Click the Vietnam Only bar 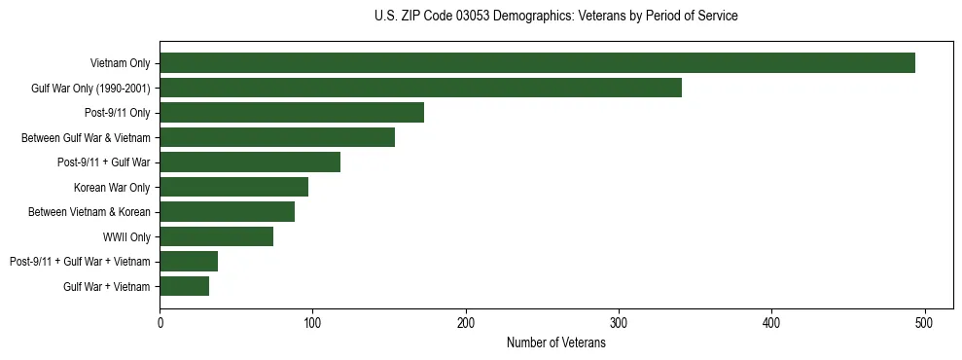(537, 63)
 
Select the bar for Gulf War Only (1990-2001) (420, 89)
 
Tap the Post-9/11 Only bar (292, 113)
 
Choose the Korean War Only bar (233, 187)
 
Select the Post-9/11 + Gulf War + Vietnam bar (189, 261)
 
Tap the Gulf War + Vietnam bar (184, 286)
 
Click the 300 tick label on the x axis (619, 322)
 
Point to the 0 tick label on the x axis (160, 322)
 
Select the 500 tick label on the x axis (925, 322)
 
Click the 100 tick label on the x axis (312, 322)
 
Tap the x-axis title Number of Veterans (555, 342)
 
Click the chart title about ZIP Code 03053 (555, 17)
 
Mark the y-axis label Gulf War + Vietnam (107, 286)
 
